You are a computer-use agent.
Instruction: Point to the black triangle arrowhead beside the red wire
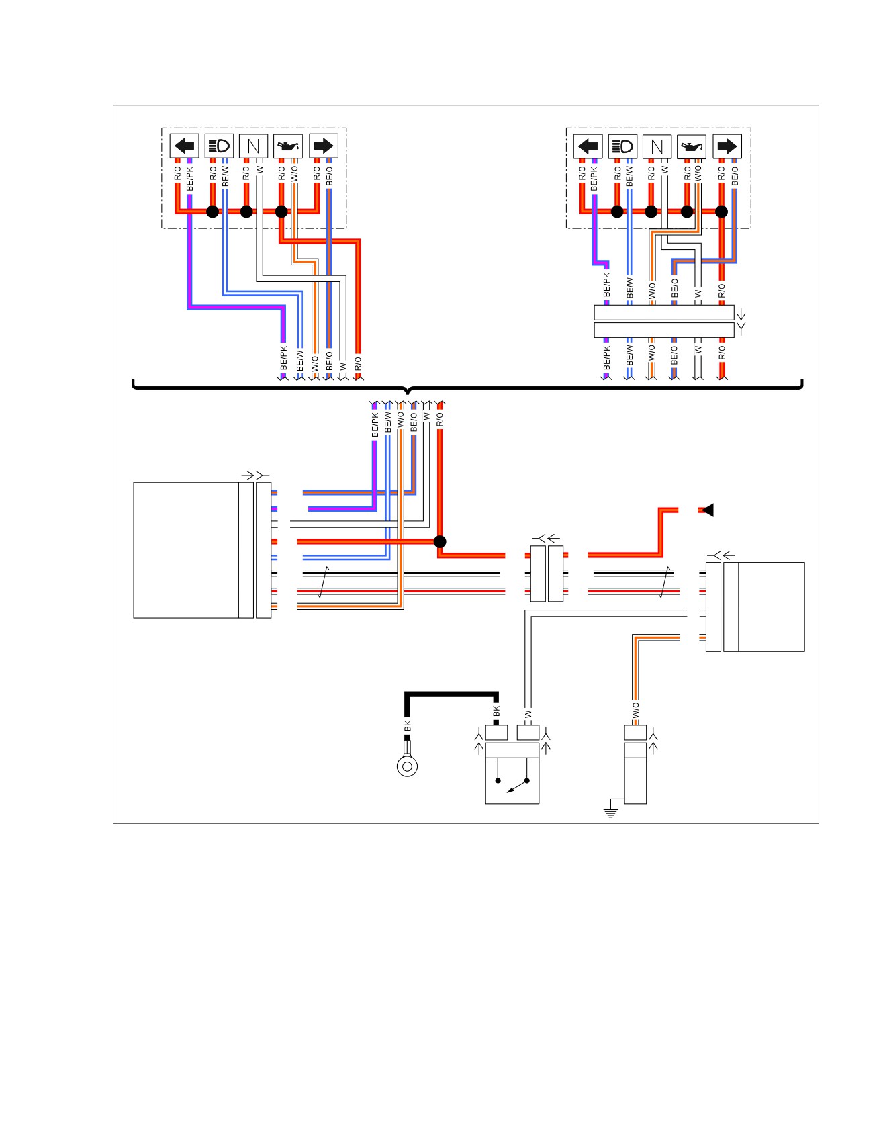click(708, 510)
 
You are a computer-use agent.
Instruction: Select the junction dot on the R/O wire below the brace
click(440, 541)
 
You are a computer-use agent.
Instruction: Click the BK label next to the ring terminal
click(407, 726)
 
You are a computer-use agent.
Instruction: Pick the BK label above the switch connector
click(496, 711)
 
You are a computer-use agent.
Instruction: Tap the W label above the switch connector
click(528, 714)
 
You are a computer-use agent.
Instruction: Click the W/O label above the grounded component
click(635, 710)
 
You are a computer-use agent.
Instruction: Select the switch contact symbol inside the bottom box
click(512, 783)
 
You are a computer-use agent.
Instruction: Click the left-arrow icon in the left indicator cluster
click(184, 146)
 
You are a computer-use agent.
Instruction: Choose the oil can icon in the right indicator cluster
click(692, 146)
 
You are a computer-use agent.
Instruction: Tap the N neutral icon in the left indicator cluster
click(253, 146)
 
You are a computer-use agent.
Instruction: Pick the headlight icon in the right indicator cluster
click(622, 146)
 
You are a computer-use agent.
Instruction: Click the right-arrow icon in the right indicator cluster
click(727, 146)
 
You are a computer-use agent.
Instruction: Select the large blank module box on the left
click(187, 550)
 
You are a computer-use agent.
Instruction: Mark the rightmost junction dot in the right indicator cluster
click(721, 212)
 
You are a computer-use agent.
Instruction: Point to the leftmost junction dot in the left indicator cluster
click(212, 212)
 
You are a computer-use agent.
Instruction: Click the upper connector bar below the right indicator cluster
click(664, 313)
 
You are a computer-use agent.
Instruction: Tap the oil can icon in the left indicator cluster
click(288, 146)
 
